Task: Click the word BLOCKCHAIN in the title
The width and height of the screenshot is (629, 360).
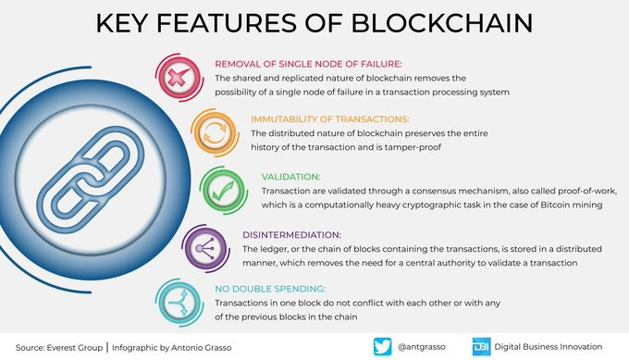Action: click(x=442, y=23)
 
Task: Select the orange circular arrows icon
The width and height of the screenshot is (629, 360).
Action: click(x=215, y=133)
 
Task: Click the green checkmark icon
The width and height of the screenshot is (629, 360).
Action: click(x=224, y=191)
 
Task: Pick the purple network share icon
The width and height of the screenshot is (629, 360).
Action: click(x=205, y=248)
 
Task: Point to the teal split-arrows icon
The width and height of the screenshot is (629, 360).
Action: click(x=179, y=303)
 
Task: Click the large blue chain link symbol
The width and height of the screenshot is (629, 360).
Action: click(x=91, y=180)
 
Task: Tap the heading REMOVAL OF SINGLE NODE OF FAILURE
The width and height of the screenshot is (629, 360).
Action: click(x=308, y=64)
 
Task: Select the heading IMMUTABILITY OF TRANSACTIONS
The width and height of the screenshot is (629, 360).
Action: click(x=329, y=119)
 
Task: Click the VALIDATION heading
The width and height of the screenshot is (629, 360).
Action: click(x=290, y=177)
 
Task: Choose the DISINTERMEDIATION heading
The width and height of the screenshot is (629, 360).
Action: click(x=291, y=235)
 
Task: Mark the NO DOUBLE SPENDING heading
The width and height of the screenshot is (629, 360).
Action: click(x=270, y=289)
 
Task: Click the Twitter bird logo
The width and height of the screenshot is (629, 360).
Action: click(x=382, y=346)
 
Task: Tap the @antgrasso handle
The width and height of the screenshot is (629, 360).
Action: click(x=421, y=347)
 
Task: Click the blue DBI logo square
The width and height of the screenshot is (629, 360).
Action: click(x=481, y=346)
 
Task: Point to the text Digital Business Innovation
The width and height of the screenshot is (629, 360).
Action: click(x=548, y=347)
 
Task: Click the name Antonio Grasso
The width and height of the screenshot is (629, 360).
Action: click(x=201, y=348)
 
